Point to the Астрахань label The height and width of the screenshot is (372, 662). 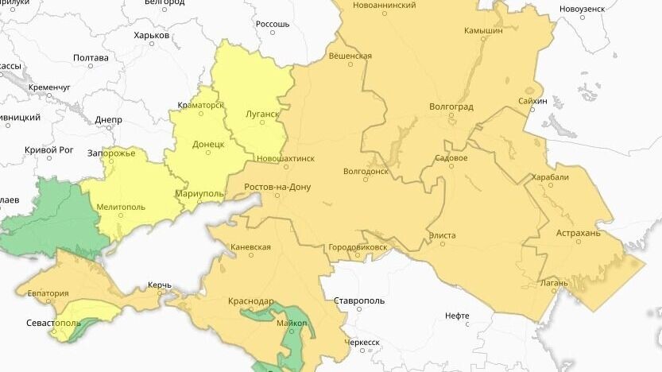tap(579, 234)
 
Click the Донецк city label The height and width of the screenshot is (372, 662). tap(208, 145)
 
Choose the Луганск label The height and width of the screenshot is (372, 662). tap(263, 114)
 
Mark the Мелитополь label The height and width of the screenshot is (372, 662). tap(120, 207)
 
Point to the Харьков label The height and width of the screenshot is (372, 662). tap(151, 35)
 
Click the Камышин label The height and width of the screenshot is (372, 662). tap(483, 30)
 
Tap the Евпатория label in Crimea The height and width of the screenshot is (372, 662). tap(48, 293)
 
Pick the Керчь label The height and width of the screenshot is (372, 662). tap(160, 285)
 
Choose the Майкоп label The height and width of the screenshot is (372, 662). tap(292, 324)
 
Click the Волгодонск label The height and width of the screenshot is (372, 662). tap(366, 171)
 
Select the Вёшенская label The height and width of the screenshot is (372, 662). tap(350, 56)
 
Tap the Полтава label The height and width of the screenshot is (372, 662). tap(91, 58)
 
